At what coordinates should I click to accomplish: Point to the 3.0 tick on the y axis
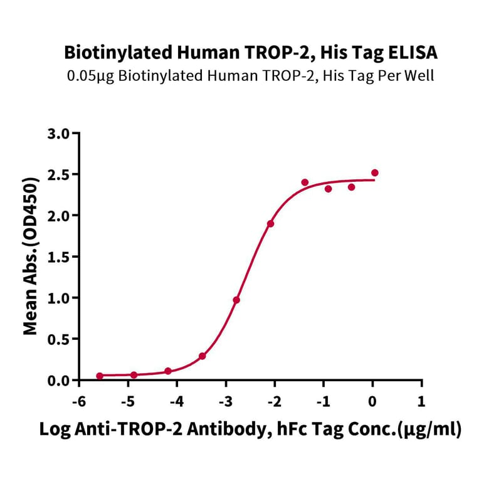click(60, 133)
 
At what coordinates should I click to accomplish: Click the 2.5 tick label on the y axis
click(60, 174)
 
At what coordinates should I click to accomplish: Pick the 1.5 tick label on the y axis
click(60, 257)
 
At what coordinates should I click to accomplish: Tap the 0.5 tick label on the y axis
click(60, 339)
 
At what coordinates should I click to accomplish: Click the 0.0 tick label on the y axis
click(60, 381)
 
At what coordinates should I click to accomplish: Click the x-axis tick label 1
click(421, 400)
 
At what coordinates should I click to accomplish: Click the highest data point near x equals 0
click(375, 172)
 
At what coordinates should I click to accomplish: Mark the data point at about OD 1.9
click(270, 224)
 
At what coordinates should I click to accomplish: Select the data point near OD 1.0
click(236, 300)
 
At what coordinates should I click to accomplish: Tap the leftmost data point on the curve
click(100, 376)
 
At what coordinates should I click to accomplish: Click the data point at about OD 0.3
click(203, 356)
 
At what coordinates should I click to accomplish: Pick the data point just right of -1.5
click(305, 182)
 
